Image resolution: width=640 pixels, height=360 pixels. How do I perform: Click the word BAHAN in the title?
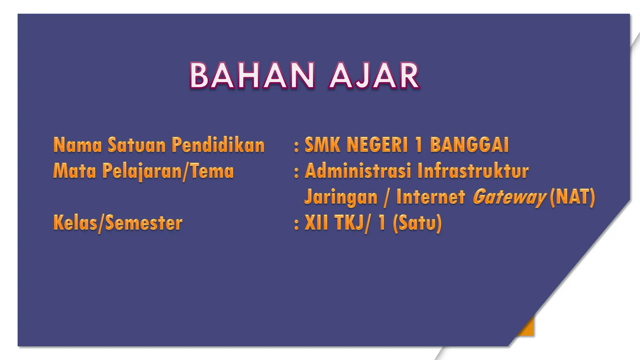point(252,76)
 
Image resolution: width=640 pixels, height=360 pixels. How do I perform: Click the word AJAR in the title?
point(374,76)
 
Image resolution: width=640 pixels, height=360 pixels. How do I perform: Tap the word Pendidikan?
point(218,145)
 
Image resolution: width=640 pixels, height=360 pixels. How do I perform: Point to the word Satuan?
point(137,145)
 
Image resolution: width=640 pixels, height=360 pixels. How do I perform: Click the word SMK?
point(322,145)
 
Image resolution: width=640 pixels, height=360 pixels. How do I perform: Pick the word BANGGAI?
point(469,145)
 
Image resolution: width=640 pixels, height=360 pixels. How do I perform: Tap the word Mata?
point(75,171)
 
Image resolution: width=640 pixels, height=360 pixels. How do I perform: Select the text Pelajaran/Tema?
point(168,172)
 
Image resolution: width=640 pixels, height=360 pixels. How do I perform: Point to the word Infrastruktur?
point(473,171)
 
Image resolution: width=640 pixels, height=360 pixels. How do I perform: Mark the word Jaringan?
point(341,197)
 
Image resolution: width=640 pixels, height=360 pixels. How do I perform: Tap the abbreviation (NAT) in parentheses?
point(572,197)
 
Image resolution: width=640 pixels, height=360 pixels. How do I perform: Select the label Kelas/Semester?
point(118,223)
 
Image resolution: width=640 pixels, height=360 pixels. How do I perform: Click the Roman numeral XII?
point(316,223)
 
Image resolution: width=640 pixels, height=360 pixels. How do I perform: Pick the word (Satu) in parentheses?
point(417,223)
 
